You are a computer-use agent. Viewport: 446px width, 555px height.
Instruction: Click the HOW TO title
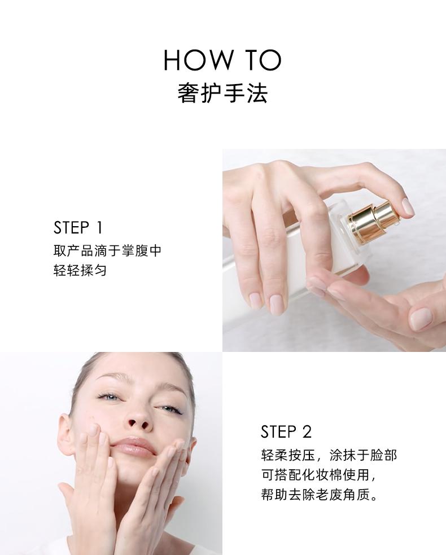point(222,60)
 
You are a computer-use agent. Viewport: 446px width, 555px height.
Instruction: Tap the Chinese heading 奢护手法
point(222,93)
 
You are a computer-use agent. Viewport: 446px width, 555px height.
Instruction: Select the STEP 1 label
point(78,228)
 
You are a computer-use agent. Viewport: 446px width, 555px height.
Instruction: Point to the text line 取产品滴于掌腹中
point(107,250)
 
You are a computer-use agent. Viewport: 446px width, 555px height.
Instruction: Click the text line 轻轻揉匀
point(80,271)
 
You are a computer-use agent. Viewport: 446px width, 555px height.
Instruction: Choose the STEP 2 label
point(286,432)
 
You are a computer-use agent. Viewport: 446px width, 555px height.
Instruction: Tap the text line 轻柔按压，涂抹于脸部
point(329,455)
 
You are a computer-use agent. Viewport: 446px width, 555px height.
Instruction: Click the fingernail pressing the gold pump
point(408,206)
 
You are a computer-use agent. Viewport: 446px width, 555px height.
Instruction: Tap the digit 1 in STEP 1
point(99,228)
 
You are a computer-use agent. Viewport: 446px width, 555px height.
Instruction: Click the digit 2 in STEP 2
point(307,432)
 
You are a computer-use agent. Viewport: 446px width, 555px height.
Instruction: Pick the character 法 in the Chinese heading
point(257,93)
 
